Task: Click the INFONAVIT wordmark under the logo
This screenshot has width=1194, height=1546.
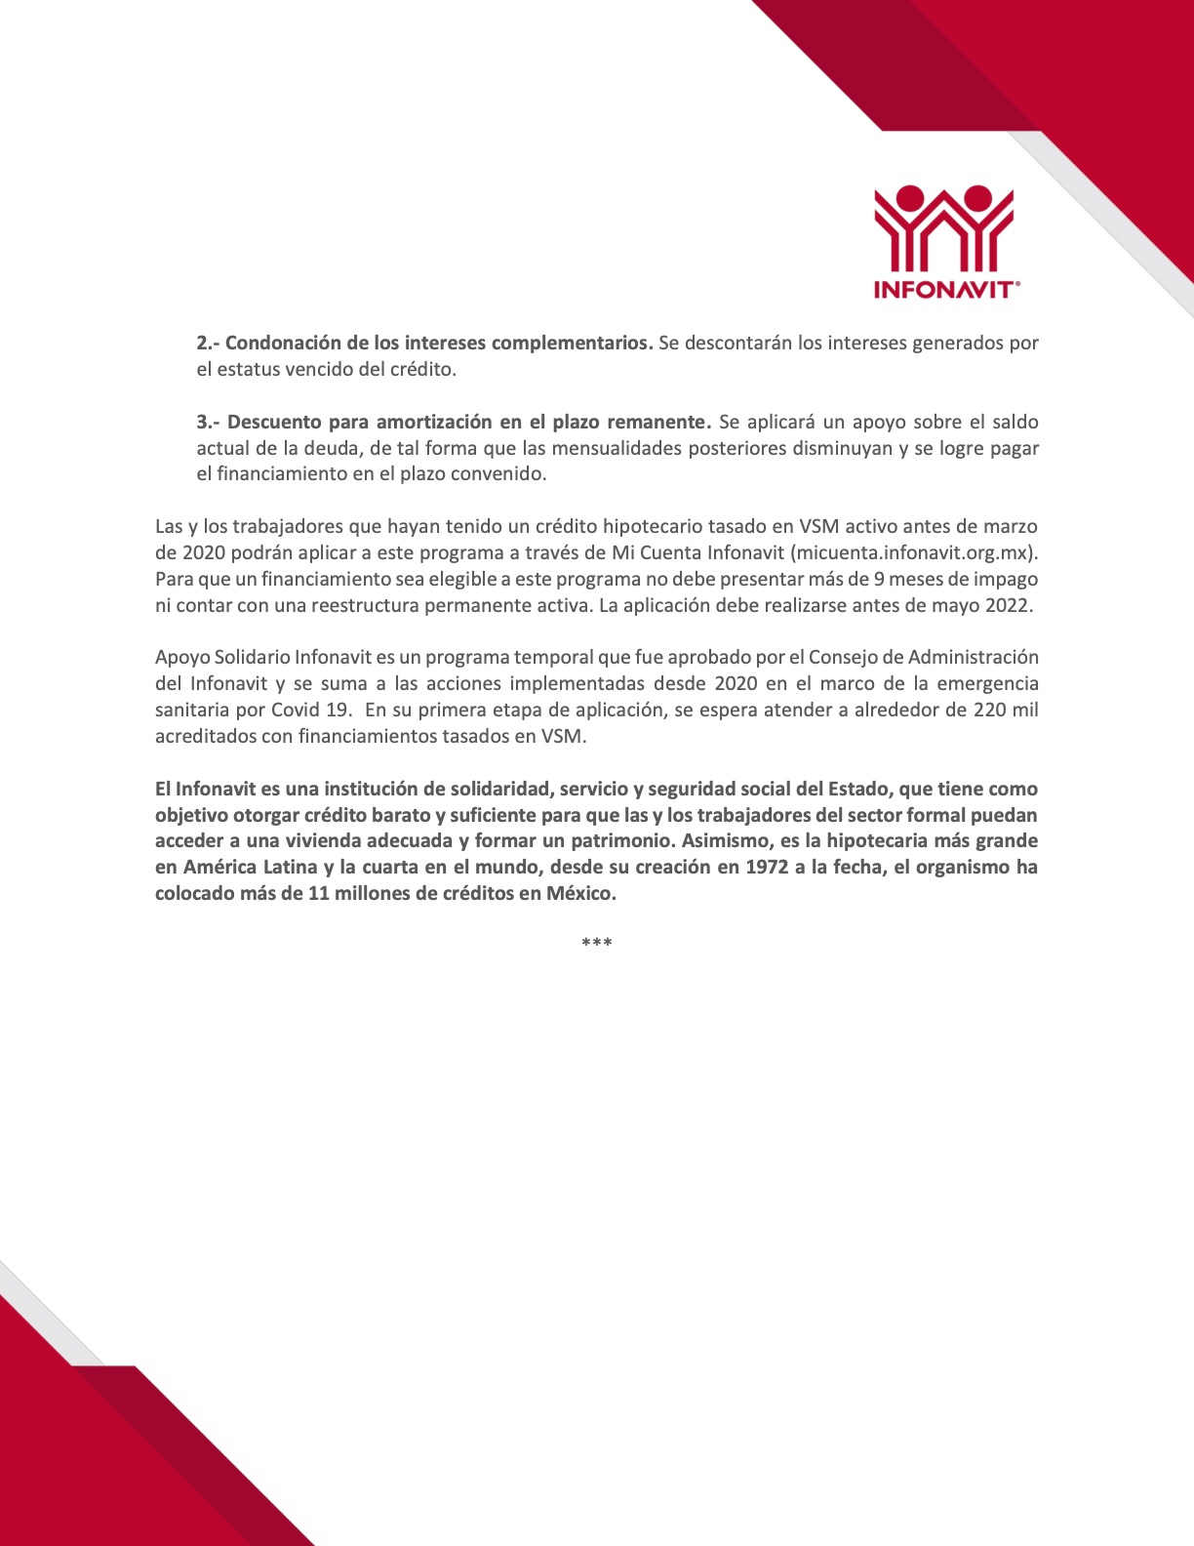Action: (943, 290)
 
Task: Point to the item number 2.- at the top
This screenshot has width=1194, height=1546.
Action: (208, 344)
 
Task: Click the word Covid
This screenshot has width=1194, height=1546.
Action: (296, 710)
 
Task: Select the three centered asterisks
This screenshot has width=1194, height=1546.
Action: (596, 943)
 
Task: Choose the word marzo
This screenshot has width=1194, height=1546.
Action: (1011, 527)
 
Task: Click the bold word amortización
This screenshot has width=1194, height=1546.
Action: (434, 423)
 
